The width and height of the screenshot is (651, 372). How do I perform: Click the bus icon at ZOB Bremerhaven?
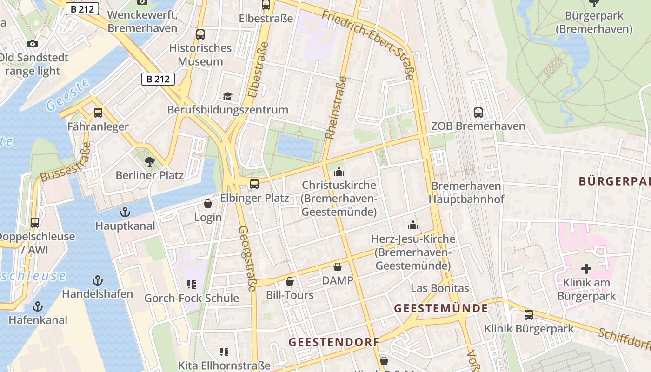[x=478, y=112]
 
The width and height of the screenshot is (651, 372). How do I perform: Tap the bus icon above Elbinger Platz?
[x=254, y=184]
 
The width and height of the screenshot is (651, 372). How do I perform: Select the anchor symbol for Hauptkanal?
[x=125, y=213]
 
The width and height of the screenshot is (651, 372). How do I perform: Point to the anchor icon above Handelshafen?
[x=97, y=280]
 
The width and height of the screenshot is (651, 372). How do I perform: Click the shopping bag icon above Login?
[x=208, y=204]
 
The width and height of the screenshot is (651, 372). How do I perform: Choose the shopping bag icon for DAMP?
[x=338, y=267]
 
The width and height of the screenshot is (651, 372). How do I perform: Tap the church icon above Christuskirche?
[x=339, y=172]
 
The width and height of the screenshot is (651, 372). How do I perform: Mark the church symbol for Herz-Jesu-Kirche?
[x=412, y=225]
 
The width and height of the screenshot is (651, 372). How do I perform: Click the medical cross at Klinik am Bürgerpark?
[x=586, y=268]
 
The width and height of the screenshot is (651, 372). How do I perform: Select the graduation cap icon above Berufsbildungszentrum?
[x=227, y=96]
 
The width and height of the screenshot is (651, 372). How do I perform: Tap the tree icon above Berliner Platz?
[x=149, y=162]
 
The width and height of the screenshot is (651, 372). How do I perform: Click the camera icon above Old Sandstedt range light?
[x=33, y=44]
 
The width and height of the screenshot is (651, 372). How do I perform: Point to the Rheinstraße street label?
[x=336, y=108]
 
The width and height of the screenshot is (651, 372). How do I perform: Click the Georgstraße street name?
[x=246, y=258]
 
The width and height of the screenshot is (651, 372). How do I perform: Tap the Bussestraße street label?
[x=66, y=163]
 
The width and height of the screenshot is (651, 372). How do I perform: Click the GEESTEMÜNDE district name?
[x=441, y=308]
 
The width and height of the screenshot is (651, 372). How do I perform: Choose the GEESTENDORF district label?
[x=334, y=342]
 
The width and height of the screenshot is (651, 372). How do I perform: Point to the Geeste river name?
[x=68, y=94]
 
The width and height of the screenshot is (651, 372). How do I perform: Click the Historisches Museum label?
[x=200, y=55]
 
